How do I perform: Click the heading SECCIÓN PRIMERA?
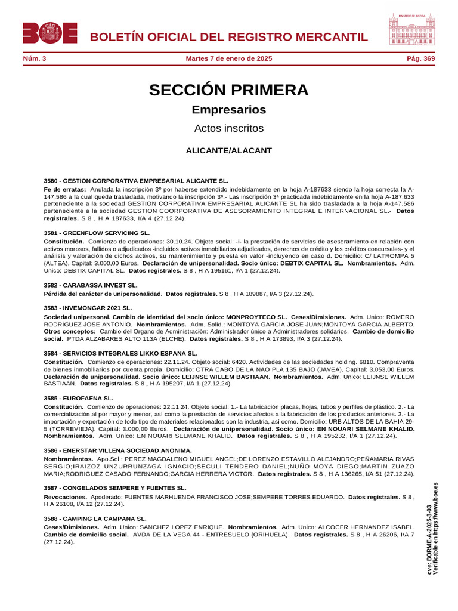(229, 90)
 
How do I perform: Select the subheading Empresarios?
(229, 110)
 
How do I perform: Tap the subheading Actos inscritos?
(229, 128)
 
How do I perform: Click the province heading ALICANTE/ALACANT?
(229, 150)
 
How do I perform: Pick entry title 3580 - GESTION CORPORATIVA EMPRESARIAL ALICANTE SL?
(136, 180)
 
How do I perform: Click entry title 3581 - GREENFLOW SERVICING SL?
(97, 233)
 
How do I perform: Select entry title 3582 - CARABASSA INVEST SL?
(91, 285)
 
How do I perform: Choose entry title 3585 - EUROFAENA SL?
(78, 398)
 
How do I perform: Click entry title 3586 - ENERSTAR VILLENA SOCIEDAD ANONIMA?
(118, 450)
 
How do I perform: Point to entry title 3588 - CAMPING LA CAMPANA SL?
(95, 519)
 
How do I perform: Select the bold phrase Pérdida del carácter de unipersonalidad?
(103, 294)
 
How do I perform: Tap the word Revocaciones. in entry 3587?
(66, 496)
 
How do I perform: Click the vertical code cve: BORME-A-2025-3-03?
(430, 540)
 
